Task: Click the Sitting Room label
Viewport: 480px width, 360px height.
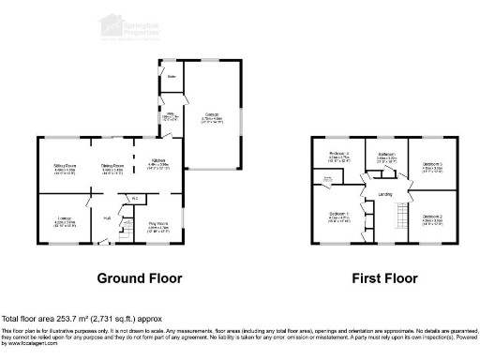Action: click(64, 166)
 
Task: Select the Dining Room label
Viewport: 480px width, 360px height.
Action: click(112, 166)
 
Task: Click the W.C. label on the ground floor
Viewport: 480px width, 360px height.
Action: click(134, 198)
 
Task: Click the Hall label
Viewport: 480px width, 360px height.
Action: click(107, 217)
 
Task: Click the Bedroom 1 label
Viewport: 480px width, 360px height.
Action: click(339, 216)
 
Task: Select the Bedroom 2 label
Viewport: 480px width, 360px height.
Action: click(432, 217)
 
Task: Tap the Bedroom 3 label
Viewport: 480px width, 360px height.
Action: click(432, 165)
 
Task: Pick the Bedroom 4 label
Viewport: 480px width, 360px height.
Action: click(339, 154)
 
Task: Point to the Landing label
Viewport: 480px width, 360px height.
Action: click(384, 194)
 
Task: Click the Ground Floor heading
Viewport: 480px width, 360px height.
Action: click(139, 278)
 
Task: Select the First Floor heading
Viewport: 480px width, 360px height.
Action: click(384, 278)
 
